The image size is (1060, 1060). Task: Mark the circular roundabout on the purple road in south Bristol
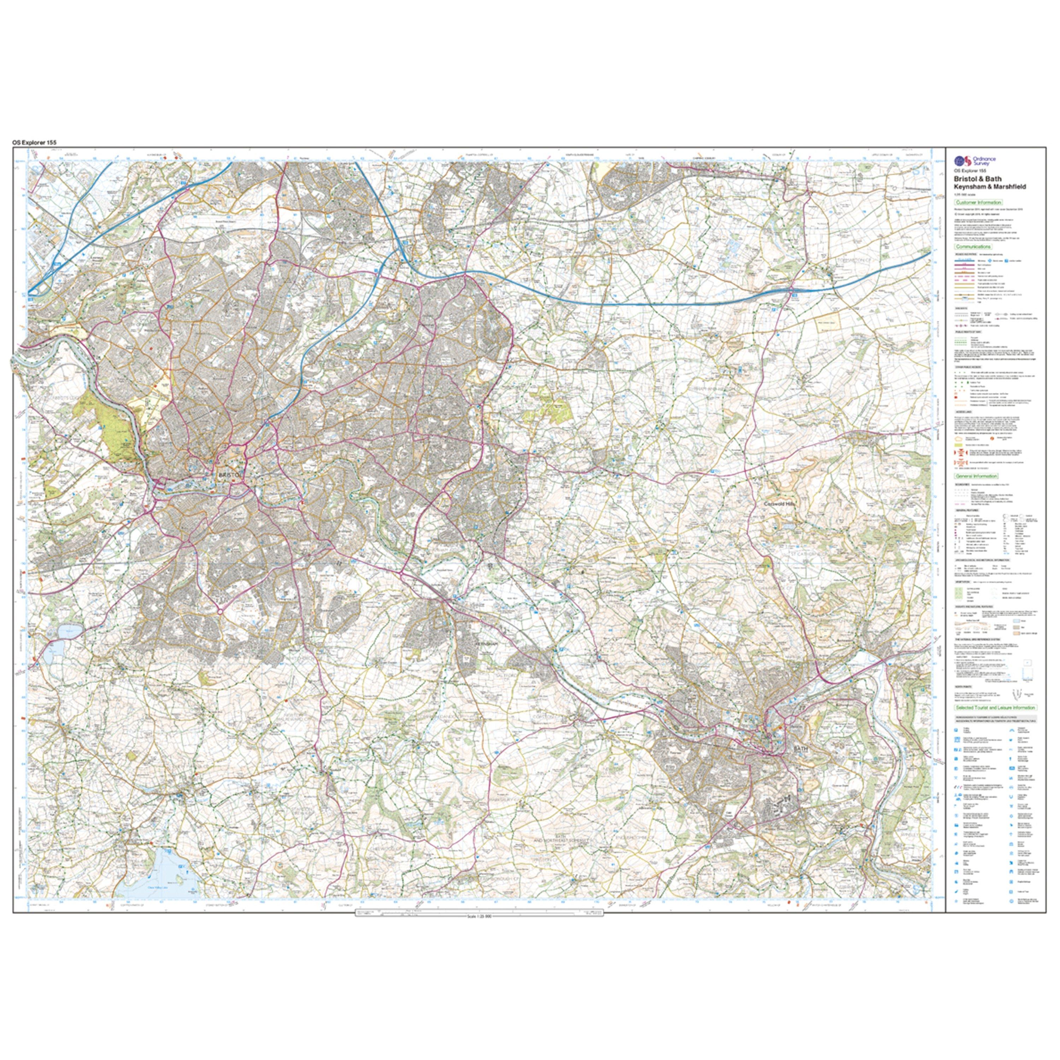click(x=219, y=611)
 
